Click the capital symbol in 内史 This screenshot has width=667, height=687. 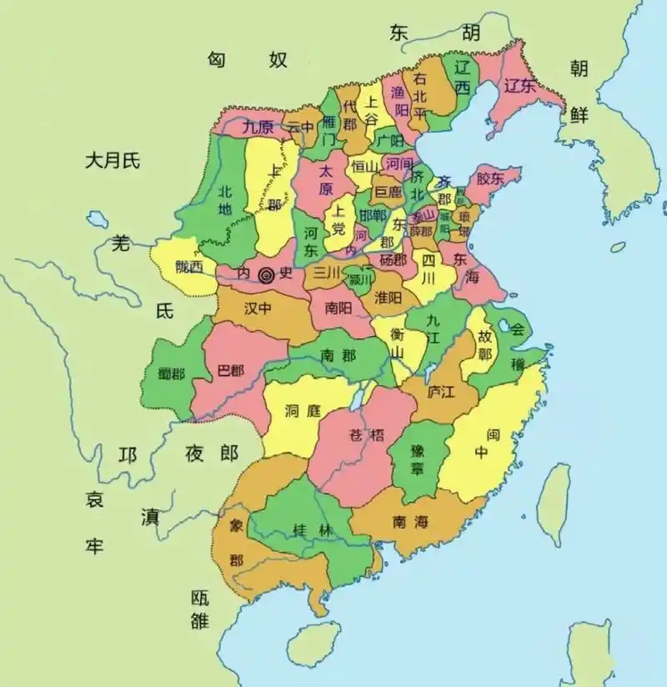(x=266, y=273)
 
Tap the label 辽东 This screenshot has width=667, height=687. (x=519, y=84)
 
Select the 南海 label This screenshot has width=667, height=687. (x=410, y=523)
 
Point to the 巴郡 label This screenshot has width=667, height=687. (x=231, y=369)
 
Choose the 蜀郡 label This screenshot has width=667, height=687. (x=172, y=374)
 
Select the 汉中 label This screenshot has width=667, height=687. (x=257, y=308)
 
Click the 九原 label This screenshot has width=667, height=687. (x=258, y=128)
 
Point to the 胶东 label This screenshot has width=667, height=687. (x=491, y=178)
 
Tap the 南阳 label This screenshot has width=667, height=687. (x=336, y=308)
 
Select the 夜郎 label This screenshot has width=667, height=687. (x=212, y=454)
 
